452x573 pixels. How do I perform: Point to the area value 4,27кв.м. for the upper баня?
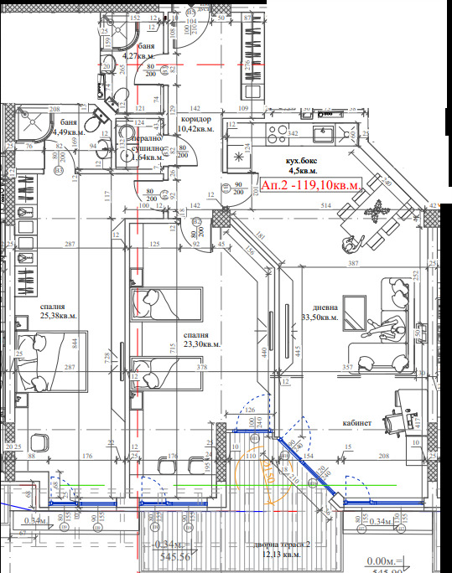141,57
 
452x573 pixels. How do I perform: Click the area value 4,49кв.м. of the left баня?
68,132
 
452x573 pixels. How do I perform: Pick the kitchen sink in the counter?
324,132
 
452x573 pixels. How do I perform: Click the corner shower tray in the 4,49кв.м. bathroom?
32,126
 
